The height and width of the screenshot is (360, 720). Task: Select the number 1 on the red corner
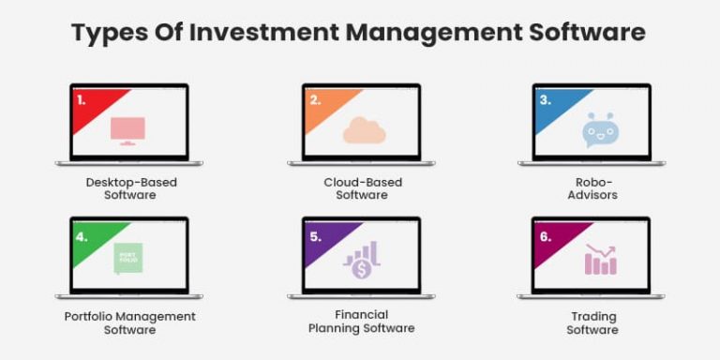[x=82, y=98]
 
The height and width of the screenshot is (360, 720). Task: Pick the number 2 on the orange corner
[x=313, y=98]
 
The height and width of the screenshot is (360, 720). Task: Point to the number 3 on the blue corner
[x=545, y=98]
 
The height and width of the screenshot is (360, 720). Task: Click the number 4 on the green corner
[x=82, y=235]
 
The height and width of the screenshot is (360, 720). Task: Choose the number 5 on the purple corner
[x=315, y=235]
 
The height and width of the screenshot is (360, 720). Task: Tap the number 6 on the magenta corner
[x=545, y=235]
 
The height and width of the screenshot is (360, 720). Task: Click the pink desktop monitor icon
[x=127, y=130]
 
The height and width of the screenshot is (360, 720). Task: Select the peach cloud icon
[x=364, y=131]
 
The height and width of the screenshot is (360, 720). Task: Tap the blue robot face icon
[x=599, y=130]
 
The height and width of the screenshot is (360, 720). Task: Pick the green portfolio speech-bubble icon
[x=127, y=258]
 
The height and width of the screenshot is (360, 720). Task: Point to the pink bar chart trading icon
[x=601, y=260]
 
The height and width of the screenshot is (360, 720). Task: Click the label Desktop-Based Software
[x=130, y=188]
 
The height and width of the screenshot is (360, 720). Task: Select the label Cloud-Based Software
[x=362, y=188]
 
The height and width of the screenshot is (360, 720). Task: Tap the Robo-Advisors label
[x=592, y=188]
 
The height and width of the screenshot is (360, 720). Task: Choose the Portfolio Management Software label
[x=130, y=322]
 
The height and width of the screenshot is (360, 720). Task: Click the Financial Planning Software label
[x=362, y=322]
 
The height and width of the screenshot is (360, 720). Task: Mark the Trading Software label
[x=592, y=322]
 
